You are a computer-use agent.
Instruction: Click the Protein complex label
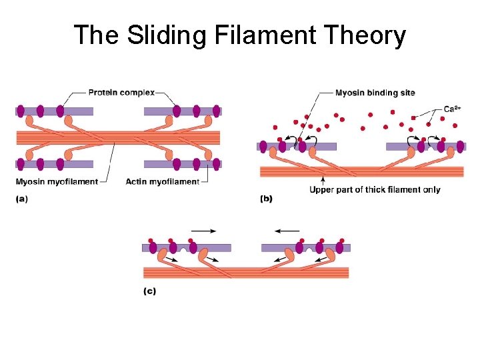[121, 93]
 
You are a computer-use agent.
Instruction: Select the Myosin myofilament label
[57, 181]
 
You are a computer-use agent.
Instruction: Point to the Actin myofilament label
[162, 181]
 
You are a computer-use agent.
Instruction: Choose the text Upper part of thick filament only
[375, 189]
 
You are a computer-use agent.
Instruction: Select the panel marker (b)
[266, 198]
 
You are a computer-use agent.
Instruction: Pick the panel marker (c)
[149, 291]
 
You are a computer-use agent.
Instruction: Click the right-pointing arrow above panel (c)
[203, 231]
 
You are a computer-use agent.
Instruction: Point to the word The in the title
[93, 35]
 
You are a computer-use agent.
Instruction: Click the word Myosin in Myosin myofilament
[33, 181]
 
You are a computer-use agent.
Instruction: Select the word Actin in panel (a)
[136, 181]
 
